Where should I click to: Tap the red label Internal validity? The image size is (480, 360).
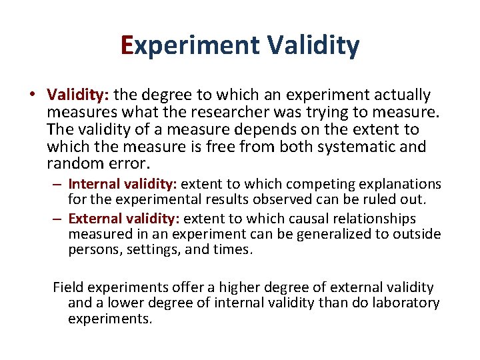(x=123, y=184)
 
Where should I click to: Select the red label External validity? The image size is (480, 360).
(x=124, y=219)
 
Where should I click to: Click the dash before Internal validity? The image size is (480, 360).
(x=59, y=184)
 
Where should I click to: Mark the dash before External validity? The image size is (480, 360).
(x=59, y=219)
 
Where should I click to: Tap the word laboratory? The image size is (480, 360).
(x=407, y=303)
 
